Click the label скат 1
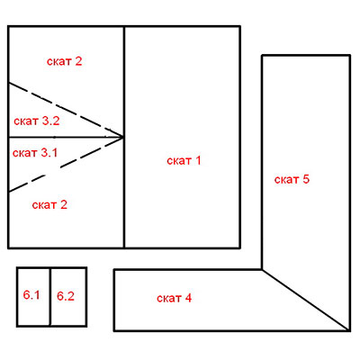[184, 160]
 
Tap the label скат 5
[292, 179]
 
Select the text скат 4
[174, 298]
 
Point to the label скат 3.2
[37, 121]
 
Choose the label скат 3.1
[35, 153]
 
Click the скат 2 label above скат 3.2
[64, 61]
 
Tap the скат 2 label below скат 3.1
[49, 205]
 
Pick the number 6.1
[31, 295]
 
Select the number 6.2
[66, 296]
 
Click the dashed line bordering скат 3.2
[66, 110]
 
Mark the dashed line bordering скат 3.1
[66, 165]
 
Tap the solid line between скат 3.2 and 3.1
[66, 137]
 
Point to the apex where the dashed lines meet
[123, 137]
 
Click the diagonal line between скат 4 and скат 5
[306, 301]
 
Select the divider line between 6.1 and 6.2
[50, 297]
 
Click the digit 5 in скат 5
[306, 179]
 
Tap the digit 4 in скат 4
[188, 298]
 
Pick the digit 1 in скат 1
[198, 160]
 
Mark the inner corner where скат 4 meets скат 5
[262, 270]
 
